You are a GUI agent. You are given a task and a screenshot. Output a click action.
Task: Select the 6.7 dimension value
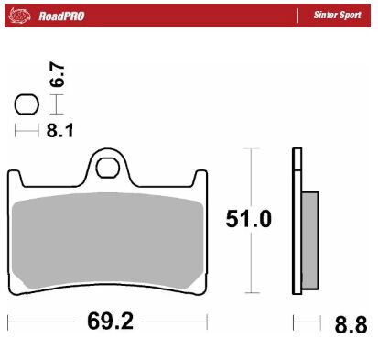[56, 76]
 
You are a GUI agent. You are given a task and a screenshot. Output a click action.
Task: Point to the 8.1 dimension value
[59, 130]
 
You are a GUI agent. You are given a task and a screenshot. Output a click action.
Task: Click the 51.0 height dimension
[248, 220]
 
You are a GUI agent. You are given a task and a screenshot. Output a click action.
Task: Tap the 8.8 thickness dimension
[351, 324]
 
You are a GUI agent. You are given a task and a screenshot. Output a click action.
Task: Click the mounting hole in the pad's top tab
[108, 167]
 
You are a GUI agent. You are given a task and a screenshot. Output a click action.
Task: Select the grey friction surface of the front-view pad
[108, 243]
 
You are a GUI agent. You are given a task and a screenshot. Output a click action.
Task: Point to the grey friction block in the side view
[309, 234]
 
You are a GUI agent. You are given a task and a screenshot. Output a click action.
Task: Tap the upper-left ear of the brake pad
[16, 178]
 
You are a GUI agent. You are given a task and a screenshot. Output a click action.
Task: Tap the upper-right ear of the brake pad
[200, 178]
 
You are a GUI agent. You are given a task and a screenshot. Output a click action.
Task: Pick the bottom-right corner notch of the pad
[198, 289]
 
